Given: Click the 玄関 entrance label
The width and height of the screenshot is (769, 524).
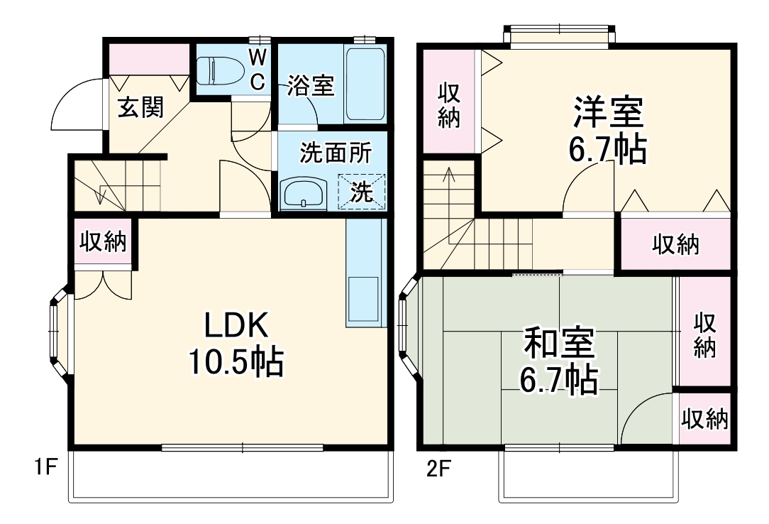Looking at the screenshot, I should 140,108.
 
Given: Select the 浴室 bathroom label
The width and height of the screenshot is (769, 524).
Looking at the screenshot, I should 310,87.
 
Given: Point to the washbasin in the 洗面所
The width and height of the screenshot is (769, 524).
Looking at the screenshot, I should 304,193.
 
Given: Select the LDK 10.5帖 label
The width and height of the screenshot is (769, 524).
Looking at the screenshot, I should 236,344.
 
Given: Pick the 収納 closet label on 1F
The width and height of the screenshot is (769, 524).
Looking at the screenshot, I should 102,242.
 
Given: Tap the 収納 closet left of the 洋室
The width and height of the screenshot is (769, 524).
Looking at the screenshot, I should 448,105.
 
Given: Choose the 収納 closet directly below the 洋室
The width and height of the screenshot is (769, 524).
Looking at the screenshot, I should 675,244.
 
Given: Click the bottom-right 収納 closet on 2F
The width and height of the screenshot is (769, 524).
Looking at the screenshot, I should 704,420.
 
